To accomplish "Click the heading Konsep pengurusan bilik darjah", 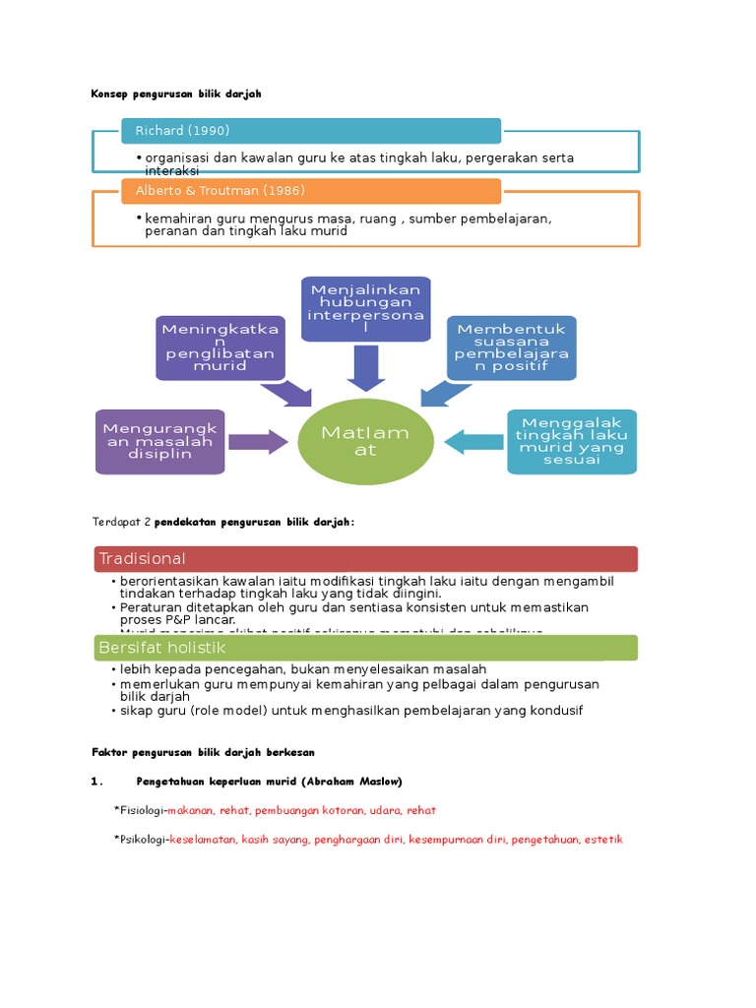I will tap(176, 94).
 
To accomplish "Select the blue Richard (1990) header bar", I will tap(311, 131).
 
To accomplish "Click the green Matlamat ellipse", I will tap(365, 441).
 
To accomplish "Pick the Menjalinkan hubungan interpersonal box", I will tap(365, 308).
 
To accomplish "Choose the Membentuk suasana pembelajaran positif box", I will tap(512, 347).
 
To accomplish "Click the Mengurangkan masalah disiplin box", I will tap(161, 441).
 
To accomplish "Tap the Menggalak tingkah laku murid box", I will tap(571, 441).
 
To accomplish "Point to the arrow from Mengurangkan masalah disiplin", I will tap(259, 441).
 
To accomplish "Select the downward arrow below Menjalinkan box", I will tap(365, 369).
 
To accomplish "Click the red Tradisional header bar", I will tap(365, 559).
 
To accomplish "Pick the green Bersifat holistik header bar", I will tap(365, 648).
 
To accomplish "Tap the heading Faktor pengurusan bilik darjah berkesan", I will tap(203, 752).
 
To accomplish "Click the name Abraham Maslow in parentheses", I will tap(353, 782).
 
